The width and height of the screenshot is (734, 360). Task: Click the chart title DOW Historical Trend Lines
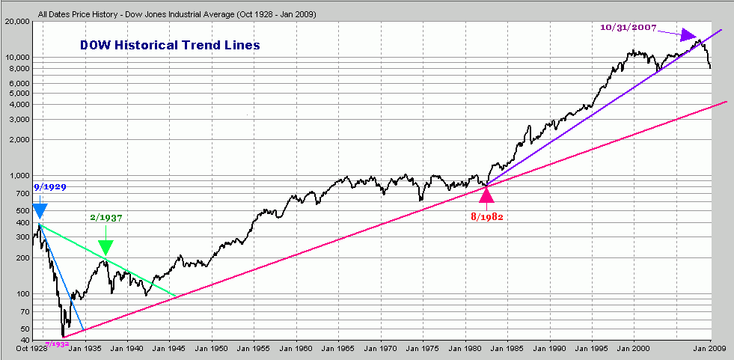(170, 45)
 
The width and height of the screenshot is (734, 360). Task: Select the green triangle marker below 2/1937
(105, 247)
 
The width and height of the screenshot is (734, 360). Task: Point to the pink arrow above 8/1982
(487, 195)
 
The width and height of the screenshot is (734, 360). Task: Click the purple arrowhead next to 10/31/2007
(689, 34)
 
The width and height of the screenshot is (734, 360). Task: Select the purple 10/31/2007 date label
(629, 28)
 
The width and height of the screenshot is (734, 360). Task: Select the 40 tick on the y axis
(22, 341)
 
